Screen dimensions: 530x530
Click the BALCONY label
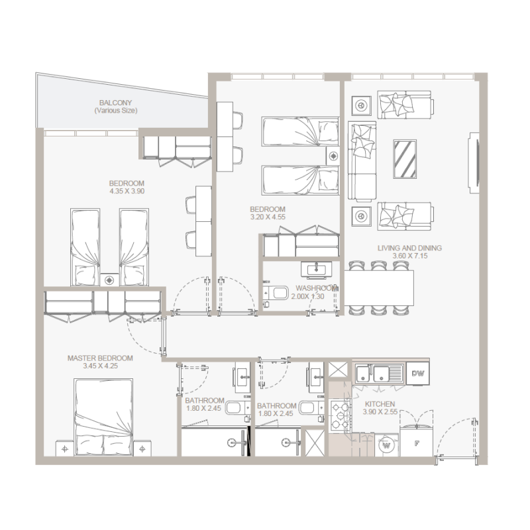pos(116,103)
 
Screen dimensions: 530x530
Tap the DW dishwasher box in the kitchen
pos(417,374)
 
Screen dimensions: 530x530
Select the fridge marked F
pos(417,443)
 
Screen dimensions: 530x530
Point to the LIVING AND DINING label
pos(409,248)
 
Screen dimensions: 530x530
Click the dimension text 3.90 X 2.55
pos(380,412)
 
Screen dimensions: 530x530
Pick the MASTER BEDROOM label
pos(100,358)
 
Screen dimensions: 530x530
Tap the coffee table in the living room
pos(405,159)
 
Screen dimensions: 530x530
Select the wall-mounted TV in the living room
pos(474,163)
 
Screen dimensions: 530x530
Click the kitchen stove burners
pos(340,415)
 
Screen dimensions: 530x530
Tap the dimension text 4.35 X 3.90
pos(127,191)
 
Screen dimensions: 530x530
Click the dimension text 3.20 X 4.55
pos(268,216)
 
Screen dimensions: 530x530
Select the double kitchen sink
pos(378,374)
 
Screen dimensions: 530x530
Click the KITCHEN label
pos(380,404)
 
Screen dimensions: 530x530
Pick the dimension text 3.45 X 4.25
pos(100,366)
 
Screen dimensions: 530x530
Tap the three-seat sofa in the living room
pos(362,162)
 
